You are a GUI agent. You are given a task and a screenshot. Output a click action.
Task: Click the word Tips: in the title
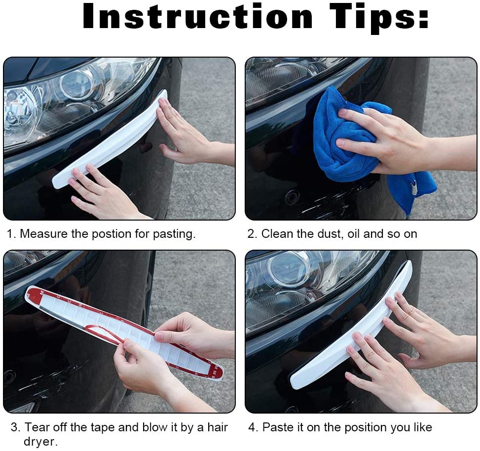coord(380,18)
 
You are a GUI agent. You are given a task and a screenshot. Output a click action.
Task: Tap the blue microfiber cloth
coord(340,143)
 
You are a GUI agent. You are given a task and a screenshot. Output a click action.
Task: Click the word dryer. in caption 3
coord(40,442)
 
